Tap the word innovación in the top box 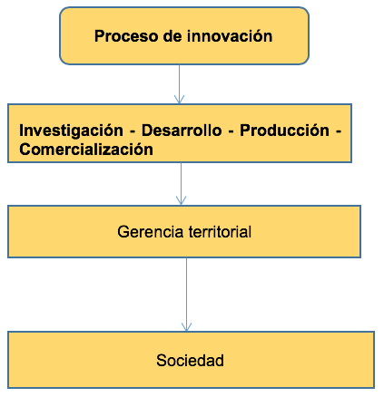point(230,36)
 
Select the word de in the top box point(172,36)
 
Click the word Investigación point(71,131)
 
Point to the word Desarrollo point(182,131)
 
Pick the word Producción point(284,131)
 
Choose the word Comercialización point(86,150)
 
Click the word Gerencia point(151,232)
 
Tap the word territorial point(220,232)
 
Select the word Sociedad point(190,361)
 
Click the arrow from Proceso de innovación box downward point(179,84)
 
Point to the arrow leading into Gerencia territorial point(181,184)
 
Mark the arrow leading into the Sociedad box point(186,295)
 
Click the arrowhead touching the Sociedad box point(186,327)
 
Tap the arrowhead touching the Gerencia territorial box point(181,201)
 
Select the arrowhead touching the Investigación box point(179,100)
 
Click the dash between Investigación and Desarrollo point(133,132)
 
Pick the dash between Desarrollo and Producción point(231,132)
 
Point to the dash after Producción point(339,132)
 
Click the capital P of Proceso point(100,36)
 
